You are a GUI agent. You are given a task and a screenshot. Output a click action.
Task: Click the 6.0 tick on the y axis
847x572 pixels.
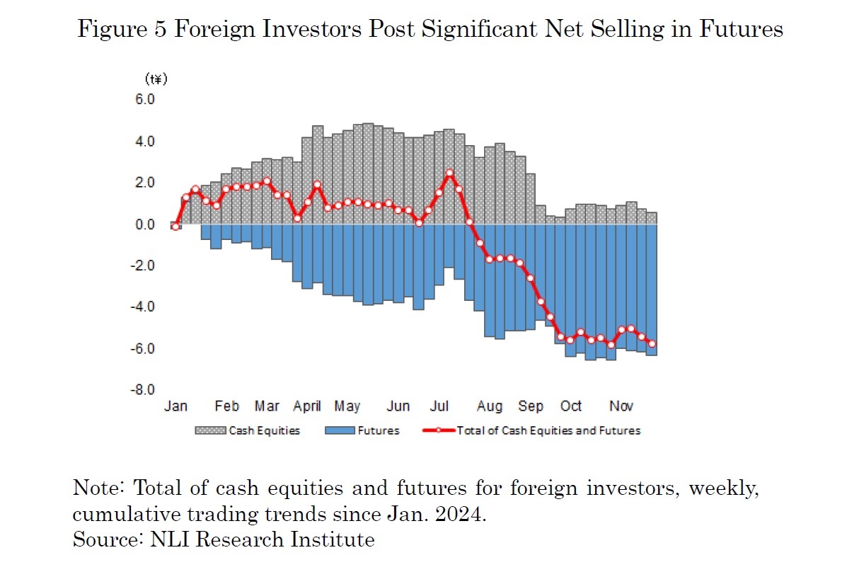tap(145, 100)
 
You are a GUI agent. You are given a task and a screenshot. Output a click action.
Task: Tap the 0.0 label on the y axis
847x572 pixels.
tap(145, 224)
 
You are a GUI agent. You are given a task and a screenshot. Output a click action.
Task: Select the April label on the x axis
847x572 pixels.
tap(307, 406)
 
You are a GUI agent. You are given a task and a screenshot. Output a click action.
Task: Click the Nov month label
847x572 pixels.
tap(621, 406)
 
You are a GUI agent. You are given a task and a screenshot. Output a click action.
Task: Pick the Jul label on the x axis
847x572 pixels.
tap(439, 406)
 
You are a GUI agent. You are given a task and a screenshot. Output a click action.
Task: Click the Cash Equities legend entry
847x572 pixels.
tap(248, 430)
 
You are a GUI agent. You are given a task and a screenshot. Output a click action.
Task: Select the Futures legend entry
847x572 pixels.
tap(362, 430)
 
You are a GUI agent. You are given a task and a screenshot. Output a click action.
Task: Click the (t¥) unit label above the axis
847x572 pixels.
tap(156, 78)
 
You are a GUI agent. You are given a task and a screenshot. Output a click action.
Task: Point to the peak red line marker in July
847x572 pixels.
tap(449, 173)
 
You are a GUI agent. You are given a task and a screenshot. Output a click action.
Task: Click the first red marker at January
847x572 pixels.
tap(175, 226)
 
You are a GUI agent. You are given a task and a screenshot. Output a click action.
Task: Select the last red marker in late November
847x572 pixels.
tap(652, 344)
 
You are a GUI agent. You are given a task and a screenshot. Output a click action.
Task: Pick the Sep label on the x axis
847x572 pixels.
tap(531, 406)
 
